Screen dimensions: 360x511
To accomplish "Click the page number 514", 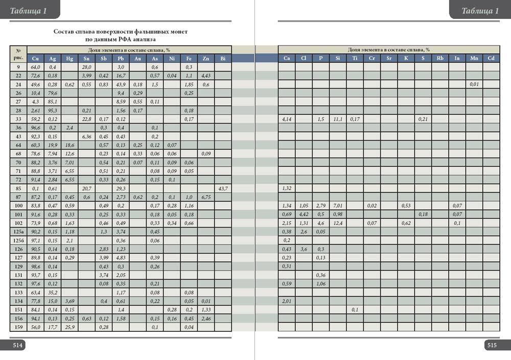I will coord(17,346).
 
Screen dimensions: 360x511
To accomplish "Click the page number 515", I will coord(492,346).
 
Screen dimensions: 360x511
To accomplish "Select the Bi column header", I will coord(223,58).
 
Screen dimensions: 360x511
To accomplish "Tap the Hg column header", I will coord(69,58).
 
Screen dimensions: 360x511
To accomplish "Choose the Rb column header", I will coord(440,58).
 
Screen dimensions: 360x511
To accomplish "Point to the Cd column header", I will coord(491,58).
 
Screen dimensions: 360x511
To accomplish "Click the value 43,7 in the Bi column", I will coord(223,189).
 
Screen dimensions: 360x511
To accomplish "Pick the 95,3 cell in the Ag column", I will coord(52,110).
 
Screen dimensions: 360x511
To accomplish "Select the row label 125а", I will coord(18,232).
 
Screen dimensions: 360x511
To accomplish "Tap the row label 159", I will coord(18,327).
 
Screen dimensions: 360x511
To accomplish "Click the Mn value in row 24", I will coord(474,84).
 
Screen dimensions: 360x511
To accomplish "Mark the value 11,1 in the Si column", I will coord(338,119).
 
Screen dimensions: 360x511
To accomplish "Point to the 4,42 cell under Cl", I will coord(304,215).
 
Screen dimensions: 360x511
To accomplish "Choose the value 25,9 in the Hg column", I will coord(69,327).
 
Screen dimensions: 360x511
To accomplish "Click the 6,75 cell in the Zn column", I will coord(206,197).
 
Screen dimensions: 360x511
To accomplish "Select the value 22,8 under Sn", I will coord(86,119).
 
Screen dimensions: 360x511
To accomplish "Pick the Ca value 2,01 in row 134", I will coord(287,301).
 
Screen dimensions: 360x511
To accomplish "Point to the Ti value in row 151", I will coord(355,310).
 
